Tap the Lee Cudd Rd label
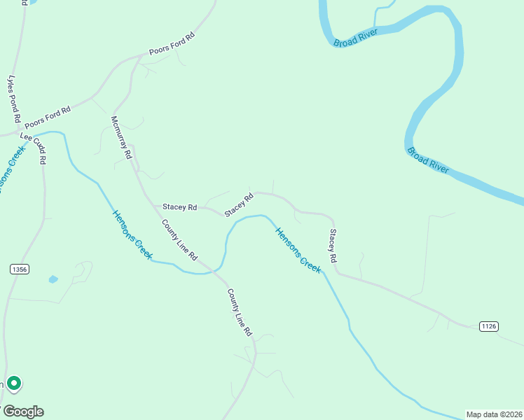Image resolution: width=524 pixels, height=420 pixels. (x=34, y=148)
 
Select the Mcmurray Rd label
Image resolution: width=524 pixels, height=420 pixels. (x=120, y=138)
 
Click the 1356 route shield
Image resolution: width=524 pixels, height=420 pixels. (x=20, y=269)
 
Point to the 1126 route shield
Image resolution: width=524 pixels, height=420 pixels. (x=489, y=326)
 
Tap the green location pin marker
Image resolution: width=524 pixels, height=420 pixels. (x=13, y=384)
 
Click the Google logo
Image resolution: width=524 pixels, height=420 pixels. (x=23, y=412)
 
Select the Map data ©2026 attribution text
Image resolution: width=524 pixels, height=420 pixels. (x=495, y=414)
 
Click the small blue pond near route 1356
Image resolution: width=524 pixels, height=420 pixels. (x=53, y=279)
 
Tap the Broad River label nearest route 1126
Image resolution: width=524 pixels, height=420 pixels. (x=428, y=160)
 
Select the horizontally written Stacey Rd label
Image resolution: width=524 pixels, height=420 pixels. (x=180, y=207)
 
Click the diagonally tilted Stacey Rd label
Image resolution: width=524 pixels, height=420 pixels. (x=238, y=205)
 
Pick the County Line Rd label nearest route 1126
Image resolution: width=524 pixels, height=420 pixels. (x=239, y=313)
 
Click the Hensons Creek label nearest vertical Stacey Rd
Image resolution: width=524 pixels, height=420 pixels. (x=298, y=250)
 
